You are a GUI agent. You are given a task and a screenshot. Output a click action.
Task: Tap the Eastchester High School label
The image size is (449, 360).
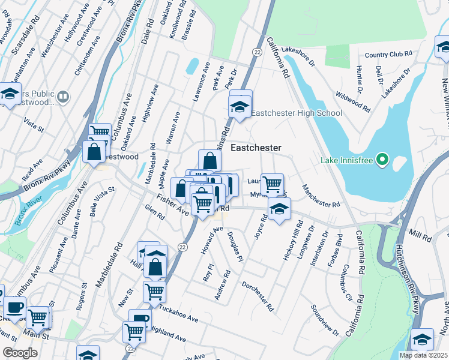point(296,113)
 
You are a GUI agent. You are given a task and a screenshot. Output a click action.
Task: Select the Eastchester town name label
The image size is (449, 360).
point(256,148)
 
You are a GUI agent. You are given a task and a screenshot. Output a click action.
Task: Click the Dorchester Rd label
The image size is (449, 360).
point(259,296)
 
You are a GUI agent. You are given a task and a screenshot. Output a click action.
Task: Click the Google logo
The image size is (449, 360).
point(20,353)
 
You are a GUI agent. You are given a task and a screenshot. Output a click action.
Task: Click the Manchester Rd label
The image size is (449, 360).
point(321,196)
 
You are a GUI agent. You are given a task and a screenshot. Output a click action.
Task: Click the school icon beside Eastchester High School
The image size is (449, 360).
point(239,108)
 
